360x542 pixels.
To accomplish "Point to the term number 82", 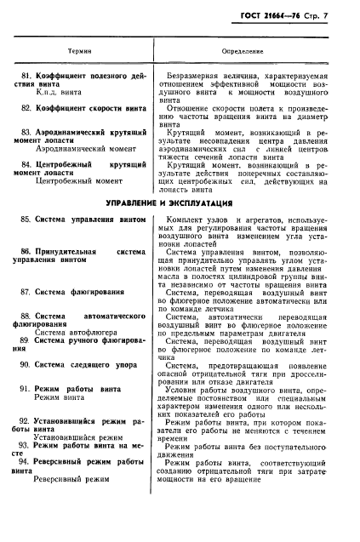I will coord(26,107).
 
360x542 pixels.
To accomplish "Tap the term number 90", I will coord(26,363).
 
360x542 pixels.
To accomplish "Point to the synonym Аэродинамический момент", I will coord(79,148).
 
